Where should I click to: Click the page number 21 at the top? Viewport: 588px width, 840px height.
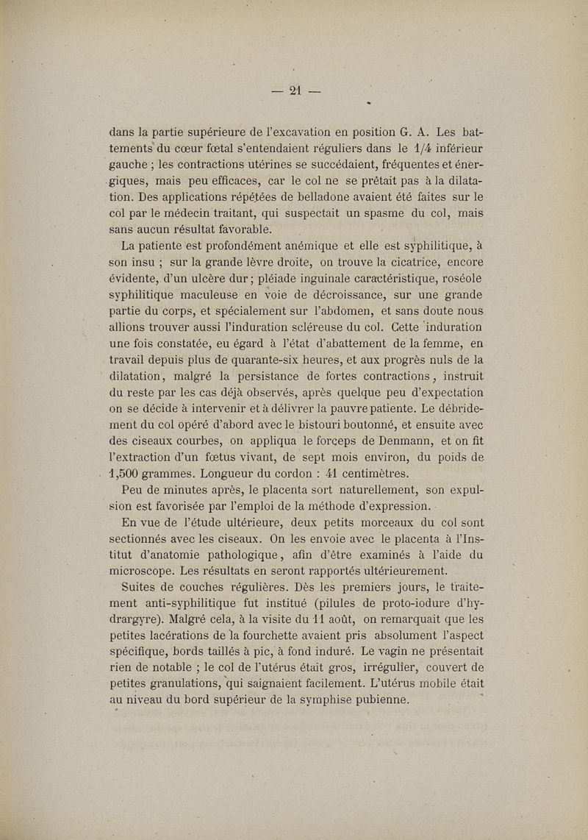(295, 91)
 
